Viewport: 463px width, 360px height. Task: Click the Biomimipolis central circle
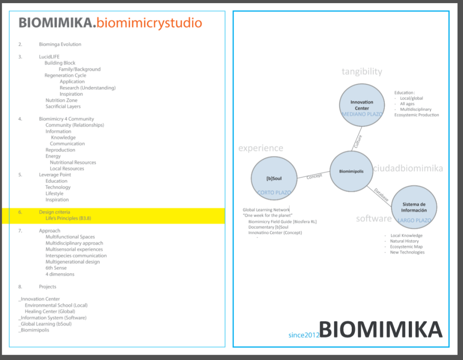pyautogui.click(x=351, y=171)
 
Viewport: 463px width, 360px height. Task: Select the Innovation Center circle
pyautogui.click(x=362, y=106)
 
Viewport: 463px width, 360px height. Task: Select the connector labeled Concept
pyautogui.click(x=314, y=176)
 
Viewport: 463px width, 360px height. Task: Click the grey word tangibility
pyautogui.click(x=362, y=71)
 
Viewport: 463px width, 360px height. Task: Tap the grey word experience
pyautogui.click(x=260, y=148)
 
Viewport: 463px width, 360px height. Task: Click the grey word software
pyautogui.click(x=373, y=219)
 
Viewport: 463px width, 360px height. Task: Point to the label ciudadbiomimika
pyautogui.click(x=408, y=169)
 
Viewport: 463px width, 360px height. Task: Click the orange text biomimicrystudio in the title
pyautogui.click(x=150, y=23)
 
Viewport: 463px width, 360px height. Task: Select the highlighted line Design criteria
pyautogui.click(x=54, y=212)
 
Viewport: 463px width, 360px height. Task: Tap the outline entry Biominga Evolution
pyautogui.click(x=60, y=44)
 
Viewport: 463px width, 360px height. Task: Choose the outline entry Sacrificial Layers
pyautogui.click(x=63, y=107)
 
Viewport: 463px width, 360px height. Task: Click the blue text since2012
pyautogui.click(x=304, y=335)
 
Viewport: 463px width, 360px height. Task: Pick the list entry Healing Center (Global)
pyautogui.click(x=50, y=312)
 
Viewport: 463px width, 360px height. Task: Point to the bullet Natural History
pyautogui.click(x=404, y=241)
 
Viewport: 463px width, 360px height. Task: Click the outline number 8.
pyautogui.click(x=20, y=287)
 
